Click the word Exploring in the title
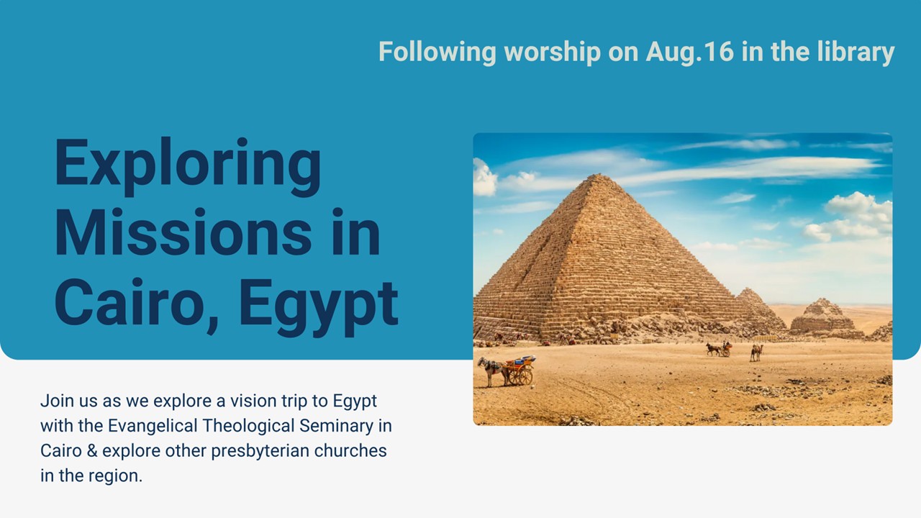tap(188, 166)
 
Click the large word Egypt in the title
tap(319, 306)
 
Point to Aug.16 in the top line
tap(689, 53)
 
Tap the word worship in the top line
tap(552, 53)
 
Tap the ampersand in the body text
tap(92, 451)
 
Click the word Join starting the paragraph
tap(57, 401)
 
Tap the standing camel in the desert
tap(756, 353)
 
